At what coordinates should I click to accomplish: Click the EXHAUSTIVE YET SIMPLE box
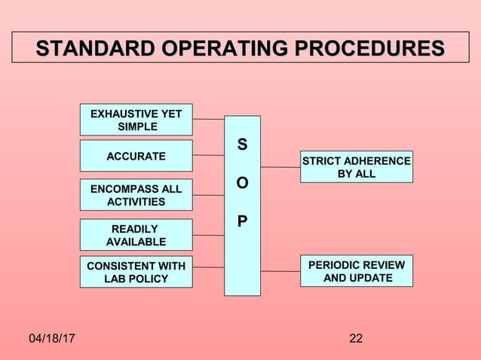coord(136,120)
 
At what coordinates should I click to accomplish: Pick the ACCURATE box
coord(136,156)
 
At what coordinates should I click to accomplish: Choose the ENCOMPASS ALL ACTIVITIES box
coord(136,194)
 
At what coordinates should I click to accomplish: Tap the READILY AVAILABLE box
coord(136,235)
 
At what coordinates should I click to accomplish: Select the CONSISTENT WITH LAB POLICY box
coord(136,272)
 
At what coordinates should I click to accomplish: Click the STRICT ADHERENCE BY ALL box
coord(356,167)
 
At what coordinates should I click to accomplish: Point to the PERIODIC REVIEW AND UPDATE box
coord(356,271)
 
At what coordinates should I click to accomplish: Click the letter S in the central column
coord(242,145)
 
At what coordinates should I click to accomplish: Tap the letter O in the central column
coord(242,184)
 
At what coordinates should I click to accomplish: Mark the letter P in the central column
coord(242,222)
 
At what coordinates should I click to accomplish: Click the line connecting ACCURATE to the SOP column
coord(208,155)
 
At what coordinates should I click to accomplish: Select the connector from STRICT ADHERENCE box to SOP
coord(280,167)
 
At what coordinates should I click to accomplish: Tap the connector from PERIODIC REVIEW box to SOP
coord(280,270)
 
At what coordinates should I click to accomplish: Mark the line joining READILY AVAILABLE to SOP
coord(208,235)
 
